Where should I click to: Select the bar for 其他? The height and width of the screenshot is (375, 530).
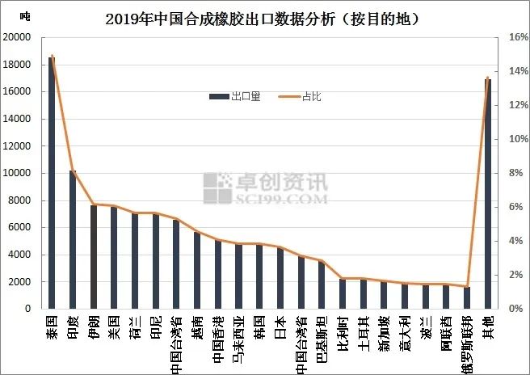click(488, 194)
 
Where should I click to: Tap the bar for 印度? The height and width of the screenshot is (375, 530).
click(73, 239)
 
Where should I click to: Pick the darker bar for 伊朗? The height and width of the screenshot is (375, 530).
click(94, 257)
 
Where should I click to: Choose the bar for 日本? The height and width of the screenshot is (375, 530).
click(280, 278)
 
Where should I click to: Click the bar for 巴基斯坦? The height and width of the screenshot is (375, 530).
click(322, 285)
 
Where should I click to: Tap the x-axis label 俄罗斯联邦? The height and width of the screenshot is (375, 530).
click(467, 343)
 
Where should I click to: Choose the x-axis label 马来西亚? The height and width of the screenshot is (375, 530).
click(239, 340)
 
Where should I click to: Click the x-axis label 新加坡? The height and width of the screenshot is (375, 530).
click(384, 335)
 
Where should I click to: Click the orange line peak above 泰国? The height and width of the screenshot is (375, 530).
click(53, 56)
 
